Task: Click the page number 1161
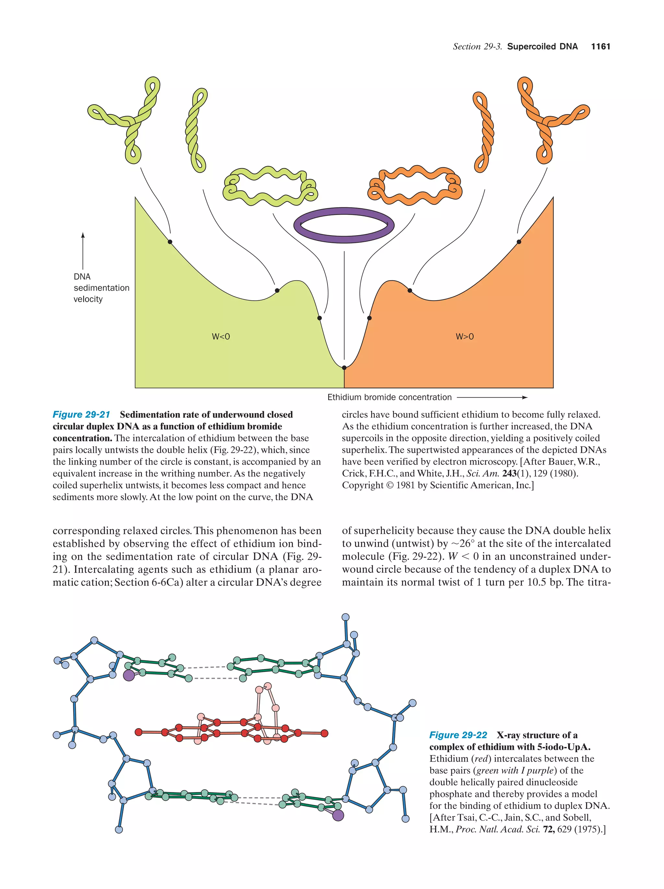(x=600, y=47)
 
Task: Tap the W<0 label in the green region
(x=221, y=337)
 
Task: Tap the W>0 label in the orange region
(x=465, y=337)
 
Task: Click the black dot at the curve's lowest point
(x=344, y=367)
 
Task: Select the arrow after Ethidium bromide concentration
(x=492, y=398)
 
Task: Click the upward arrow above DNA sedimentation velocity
(x=83, y=251)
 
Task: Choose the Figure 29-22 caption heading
(x=458, y=735)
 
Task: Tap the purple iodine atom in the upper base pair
(x=128, y=675)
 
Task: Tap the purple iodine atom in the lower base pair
(x=338, y=815)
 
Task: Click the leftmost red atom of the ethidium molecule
(x=138, y=732)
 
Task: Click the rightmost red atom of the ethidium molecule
(x=325, y=733)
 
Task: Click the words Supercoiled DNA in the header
(x=542, y=47)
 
